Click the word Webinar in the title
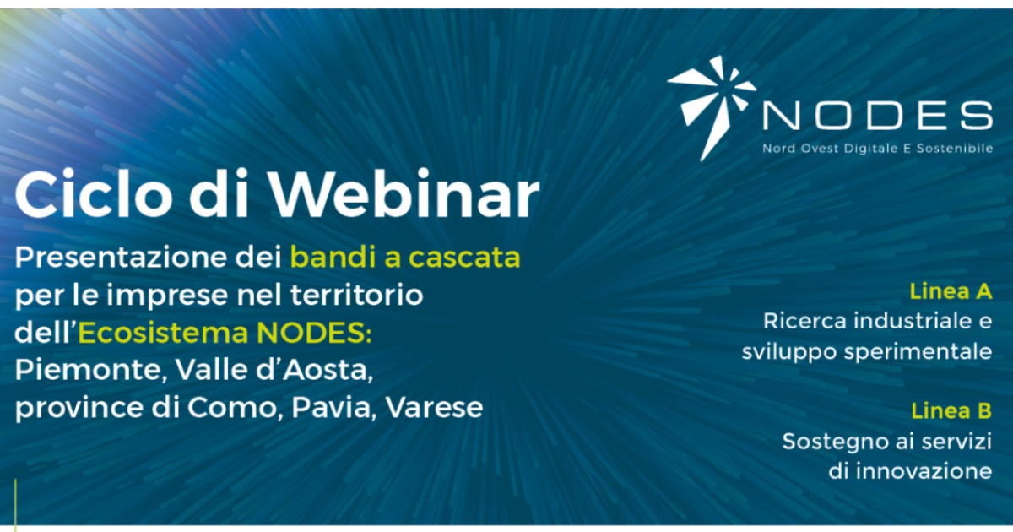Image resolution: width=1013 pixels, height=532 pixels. [404, 194]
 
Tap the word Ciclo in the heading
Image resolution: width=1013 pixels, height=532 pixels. [93, 194]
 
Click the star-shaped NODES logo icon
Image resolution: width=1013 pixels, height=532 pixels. [712, 108]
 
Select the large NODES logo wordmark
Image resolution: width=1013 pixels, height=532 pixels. [877, 115]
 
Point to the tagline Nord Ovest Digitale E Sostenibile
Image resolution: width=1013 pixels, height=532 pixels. [877, 149]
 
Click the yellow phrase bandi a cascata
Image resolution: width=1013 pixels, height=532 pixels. [405, 257]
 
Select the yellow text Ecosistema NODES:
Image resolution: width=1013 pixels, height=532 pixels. [225, 333]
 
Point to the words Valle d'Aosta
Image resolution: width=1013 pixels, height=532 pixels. [274, 370]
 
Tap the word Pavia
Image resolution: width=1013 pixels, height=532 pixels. [333, 408]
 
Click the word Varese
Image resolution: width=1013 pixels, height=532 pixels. [435, 408]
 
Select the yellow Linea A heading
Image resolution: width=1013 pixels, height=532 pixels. [951, 291]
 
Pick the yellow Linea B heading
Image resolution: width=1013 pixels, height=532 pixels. [951, 410]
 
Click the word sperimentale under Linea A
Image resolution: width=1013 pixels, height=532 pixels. [918, 352]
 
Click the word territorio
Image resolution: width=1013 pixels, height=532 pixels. [357, 295]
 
